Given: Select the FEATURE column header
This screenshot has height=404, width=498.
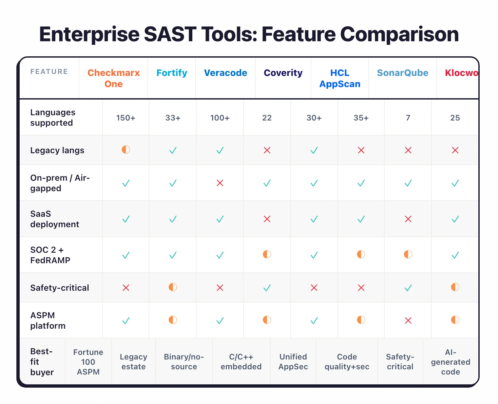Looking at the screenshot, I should point(49,72).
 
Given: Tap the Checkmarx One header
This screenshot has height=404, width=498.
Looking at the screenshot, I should point(113,78).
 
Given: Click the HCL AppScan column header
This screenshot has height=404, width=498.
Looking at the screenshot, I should point(340,78).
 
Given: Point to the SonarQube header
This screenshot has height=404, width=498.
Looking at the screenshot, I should point(402,73).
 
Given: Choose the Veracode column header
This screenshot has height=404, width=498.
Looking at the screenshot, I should point(225,73).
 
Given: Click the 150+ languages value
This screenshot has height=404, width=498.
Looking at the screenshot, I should point(125,118).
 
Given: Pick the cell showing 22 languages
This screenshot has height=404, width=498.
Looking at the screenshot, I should point(267,118).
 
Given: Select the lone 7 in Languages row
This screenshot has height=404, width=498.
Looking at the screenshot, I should point(408,118).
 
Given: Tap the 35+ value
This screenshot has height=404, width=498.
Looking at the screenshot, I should point(361,118).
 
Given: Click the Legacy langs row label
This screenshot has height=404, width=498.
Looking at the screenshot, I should point(57,150).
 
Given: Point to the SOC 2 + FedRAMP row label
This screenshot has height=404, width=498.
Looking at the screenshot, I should point(50,255).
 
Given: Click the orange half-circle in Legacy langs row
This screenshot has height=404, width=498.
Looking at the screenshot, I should point(125,150).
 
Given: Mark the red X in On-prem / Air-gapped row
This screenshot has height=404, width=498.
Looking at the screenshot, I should point(220,183).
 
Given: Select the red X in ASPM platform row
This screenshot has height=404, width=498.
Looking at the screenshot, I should point(408,321).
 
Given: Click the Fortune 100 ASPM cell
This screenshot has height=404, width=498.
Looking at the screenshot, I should point(88,362).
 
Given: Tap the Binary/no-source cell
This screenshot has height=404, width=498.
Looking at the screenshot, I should point(184,362).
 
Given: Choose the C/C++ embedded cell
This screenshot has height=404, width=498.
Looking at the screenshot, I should point(241,362).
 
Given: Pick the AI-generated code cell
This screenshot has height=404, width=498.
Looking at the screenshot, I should point(450,362).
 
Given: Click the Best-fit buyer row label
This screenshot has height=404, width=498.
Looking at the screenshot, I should point(42,362).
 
